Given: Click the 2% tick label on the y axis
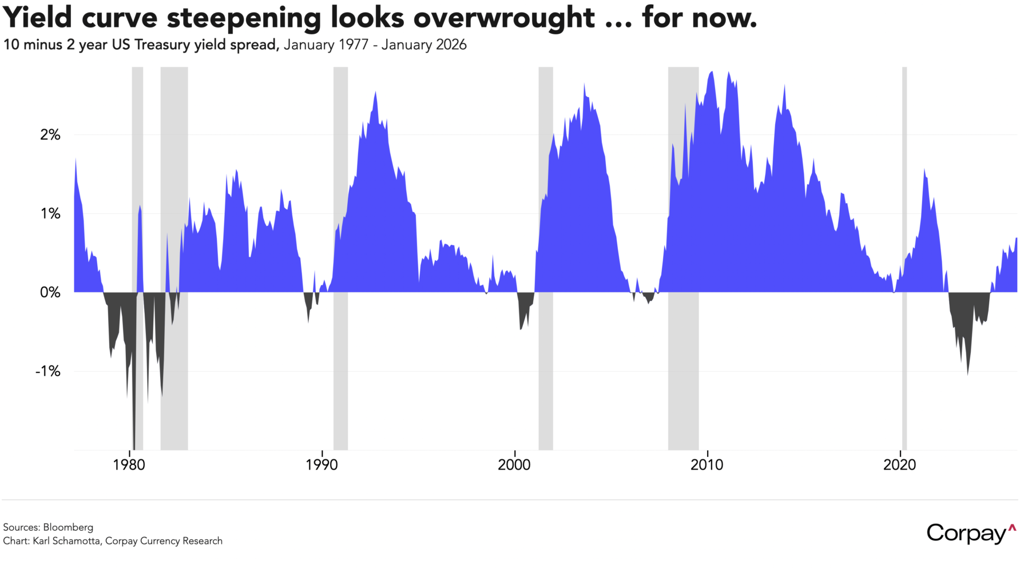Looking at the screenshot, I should (x=50, y=135).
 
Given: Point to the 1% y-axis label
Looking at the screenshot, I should (x=50, y=214).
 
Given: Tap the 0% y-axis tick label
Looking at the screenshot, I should (x=50, y=293).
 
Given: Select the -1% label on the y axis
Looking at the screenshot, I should (x=48, y=372).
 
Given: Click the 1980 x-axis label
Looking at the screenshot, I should (x=129, y=465).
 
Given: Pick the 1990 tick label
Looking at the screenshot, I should (x=322, y=465).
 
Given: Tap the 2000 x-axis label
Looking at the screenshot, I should (x=514, y=465).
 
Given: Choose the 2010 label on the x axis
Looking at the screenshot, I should (x=707, y=465).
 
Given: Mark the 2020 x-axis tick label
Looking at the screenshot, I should (x=900, y=465).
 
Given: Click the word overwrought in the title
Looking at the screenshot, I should (x=503, y=18).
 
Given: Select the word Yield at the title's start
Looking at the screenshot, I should (x=38, y=18).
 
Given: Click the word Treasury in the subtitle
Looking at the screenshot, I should (x=162, y=45).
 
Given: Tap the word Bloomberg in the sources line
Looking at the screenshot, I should (x=68, y=527).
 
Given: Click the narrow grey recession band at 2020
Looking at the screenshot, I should (x=904, y=257).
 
